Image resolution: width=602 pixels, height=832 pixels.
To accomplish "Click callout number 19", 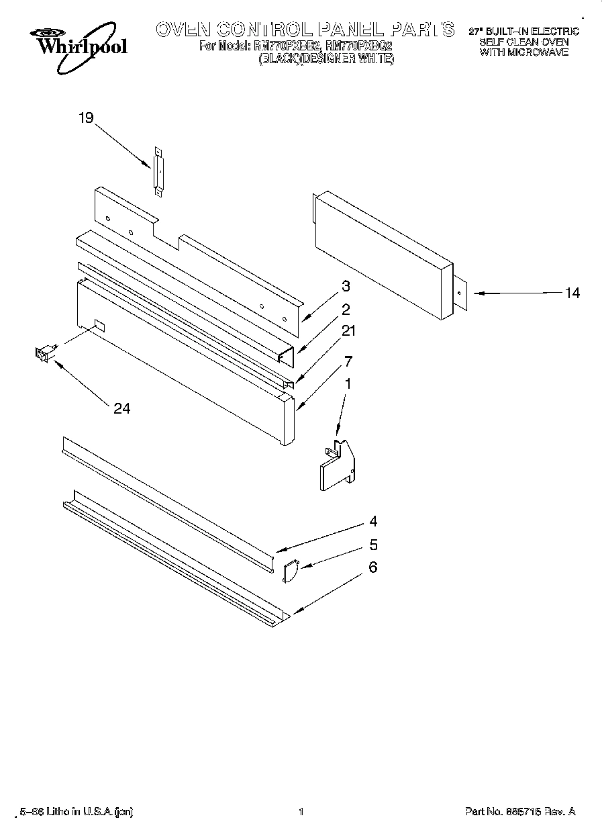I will pos(85,119).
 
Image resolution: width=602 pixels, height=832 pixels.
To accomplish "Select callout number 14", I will pos(572,293).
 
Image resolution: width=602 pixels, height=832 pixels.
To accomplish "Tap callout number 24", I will pos(121,408).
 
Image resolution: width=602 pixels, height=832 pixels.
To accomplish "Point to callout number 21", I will pos(349,330).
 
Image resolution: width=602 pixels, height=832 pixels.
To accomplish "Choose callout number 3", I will pos(345,286).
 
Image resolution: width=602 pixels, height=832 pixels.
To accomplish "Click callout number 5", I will pos(372,545).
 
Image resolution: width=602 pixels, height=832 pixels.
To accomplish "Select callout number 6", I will pos(372,567).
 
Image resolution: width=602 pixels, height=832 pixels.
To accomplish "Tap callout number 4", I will pos(372,522).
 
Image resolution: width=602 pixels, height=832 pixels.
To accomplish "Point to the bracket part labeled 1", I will pos(336,463).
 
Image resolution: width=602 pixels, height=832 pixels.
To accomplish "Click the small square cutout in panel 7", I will pos(99,325).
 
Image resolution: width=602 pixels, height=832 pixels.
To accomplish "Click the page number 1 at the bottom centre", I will pos(301,812).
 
